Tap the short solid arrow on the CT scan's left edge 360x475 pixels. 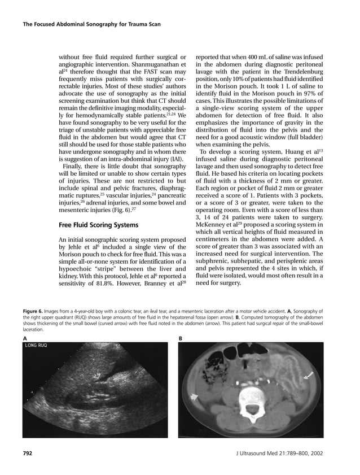tap(194, 398)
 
